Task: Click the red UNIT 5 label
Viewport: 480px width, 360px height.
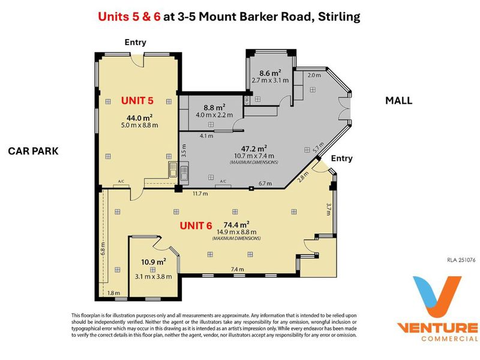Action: [137, 100]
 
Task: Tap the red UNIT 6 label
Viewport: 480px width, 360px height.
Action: [196, 226]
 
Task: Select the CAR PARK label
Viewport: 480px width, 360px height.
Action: [33, 151]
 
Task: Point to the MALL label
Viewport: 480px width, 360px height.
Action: [398, 100]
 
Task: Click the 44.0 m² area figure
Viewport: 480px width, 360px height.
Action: [140, 117]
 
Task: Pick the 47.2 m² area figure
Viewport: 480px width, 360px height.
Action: [254, 148]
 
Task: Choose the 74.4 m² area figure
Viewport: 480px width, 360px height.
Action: [236, 224]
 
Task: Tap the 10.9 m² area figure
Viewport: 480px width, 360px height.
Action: [154, 262]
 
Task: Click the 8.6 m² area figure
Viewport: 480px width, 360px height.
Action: [271, 73]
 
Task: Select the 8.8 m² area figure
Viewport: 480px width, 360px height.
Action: [214, 107]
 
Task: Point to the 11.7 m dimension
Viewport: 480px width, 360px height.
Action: [200, 193]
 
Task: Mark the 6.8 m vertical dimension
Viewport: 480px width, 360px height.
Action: [103, 248]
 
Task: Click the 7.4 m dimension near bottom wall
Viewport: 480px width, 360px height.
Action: [237, 269]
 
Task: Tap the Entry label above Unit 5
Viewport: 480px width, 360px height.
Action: [136, 42]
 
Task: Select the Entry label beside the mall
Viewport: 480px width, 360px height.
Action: [341, 158]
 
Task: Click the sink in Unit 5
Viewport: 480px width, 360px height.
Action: [173, 170]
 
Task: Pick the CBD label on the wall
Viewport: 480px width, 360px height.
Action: [247, 100]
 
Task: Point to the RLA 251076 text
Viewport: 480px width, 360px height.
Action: [461, 260]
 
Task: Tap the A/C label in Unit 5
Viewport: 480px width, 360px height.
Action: [121, 182]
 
